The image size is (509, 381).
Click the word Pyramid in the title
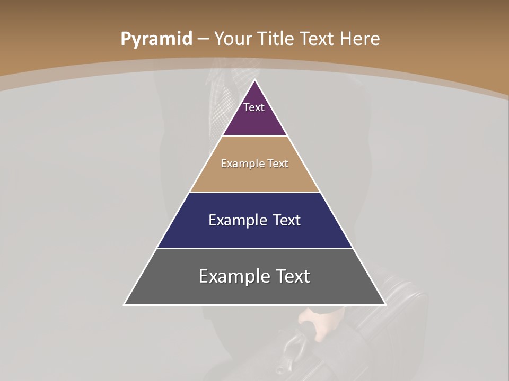pos(156,39)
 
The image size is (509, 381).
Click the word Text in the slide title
pos(317,39)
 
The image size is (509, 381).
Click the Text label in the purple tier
pos(254,107)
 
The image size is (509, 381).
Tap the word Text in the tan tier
pos(278,164)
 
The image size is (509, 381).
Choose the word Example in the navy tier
pos(236,220)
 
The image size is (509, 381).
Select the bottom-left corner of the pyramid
pos(125,304)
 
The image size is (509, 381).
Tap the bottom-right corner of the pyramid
pos(385,304)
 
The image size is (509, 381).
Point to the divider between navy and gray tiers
pos(255,248)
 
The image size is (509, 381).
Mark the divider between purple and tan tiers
pos(255,136)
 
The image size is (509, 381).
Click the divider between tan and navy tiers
pos(255,192)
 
